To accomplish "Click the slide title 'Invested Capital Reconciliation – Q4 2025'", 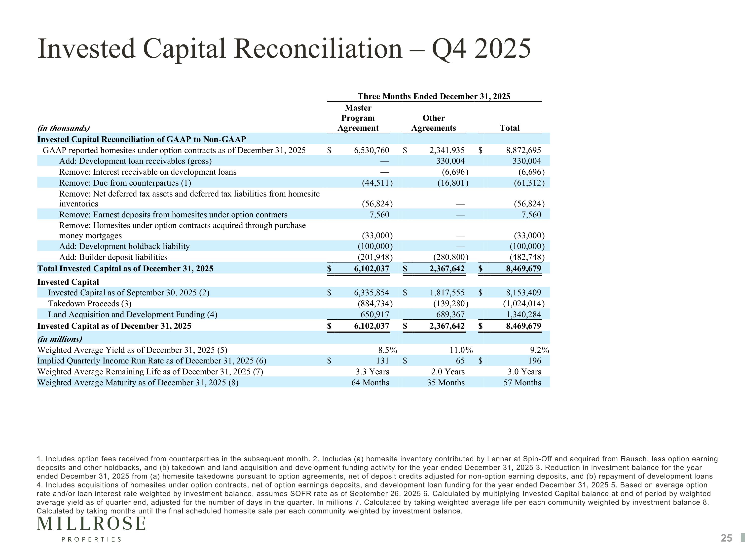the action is [x=284, y=49].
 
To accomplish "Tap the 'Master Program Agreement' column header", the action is [x=358, y=118].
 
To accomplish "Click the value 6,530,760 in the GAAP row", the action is [x=372, y=150].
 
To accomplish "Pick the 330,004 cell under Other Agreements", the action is [x=450, y=161].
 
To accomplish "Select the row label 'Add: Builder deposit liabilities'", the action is [x=113, y=257].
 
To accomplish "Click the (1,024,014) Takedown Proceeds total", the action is [x=524, y=304].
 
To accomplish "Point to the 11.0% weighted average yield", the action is [x=461, y=350].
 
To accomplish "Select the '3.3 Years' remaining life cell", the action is [x=372, y=372].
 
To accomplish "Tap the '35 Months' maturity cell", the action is [x=446, y=383].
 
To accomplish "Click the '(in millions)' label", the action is [x=60, y=339].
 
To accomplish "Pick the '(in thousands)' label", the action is [x=64, y=128].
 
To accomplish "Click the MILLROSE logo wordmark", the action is [x=92, y=524].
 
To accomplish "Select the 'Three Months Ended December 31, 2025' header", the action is [x=434, y=96].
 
